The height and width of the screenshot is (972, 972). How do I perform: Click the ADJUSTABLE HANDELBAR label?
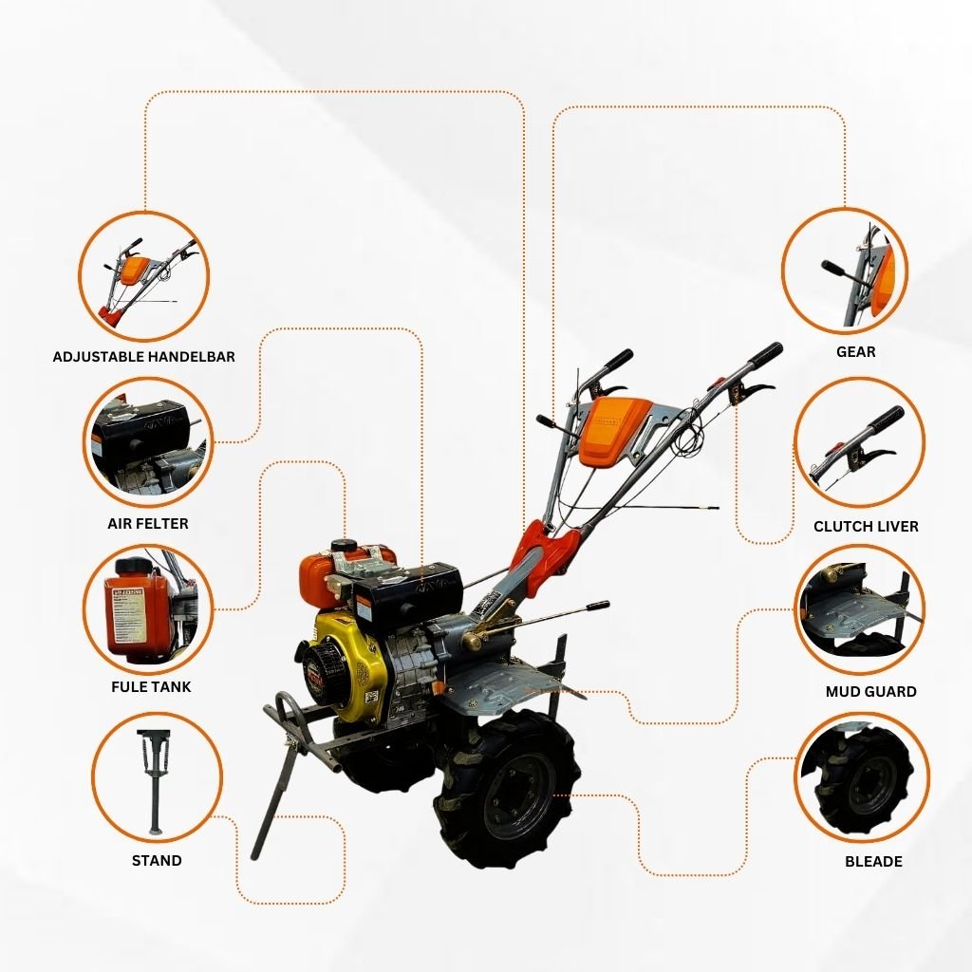click(144, 357)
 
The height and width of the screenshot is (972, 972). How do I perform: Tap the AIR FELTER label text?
click(148, 524)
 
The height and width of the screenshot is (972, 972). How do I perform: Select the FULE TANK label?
click(151, 687)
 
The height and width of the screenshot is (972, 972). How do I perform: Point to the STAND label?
click(157, 860)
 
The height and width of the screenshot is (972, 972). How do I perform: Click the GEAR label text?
click(856, 352)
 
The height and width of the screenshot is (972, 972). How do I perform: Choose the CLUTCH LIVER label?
click(866, 526)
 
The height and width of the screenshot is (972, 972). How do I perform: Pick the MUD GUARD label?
click(871, 692)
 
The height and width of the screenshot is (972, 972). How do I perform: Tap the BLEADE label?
click(873, 862)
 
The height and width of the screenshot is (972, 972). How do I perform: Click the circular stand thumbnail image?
click(157, 778)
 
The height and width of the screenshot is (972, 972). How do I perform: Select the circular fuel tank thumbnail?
click(148, 608)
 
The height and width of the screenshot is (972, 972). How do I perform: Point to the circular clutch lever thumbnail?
click(859, 442)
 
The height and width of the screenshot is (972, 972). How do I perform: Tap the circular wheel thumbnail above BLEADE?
click(862, 778)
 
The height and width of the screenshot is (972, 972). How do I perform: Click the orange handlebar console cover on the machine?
click(615, 429)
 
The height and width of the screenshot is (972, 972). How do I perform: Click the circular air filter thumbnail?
click(148, 442)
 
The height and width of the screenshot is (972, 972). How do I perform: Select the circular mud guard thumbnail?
click(859, 610)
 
